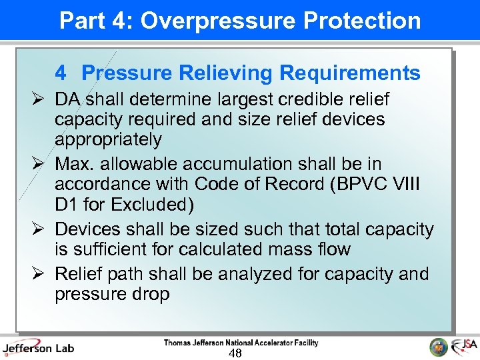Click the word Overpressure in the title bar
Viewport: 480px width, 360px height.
pyautogui.click(x=217, y=21)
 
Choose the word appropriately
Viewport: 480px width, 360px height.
pyautogui.click(x=108, y=140)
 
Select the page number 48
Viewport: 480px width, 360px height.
pyautogui.click(x=235, y=353)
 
